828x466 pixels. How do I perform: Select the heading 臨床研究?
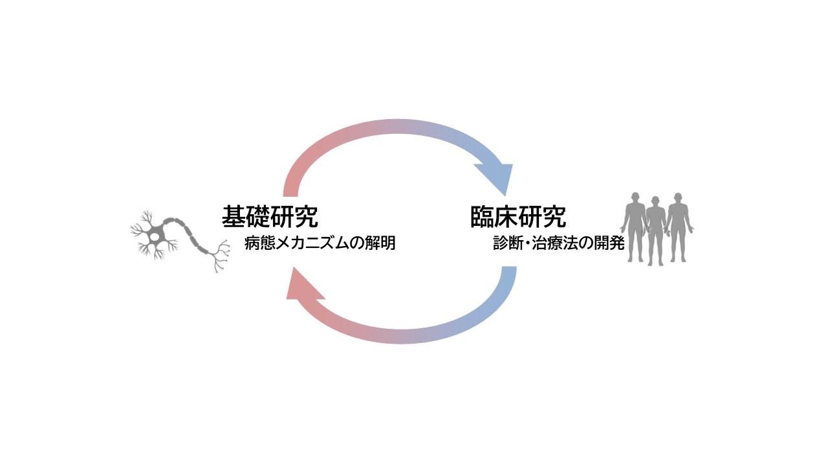coord(518,217)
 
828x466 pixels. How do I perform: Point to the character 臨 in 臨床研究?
coord(482,217)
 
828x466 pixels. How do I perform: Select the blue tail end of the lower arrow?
coord(508,274)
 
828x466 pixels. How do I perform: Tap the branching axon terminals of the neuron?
coord(221,256)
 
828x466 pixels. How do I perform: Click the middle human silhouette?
coord(656,230)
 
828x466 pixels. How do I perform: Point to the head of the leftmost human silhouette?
coord(637,197)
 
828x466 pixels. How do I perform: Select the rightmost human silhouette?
coord(677,227)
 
